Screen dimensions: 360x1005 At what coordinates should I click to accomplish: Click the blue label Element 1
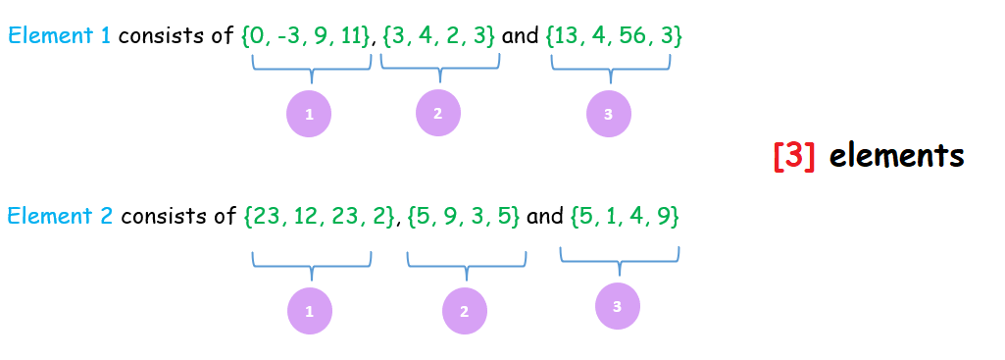pos(59,36)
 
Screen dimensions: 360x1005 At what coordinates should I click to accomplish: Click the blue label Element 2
pos(59,216)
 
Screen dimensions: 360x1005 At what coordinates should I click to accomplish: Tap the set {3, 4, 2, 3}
pos(439,36)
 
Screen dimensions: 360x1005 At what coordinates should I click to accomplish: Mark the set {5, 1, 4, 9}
pos(625,216)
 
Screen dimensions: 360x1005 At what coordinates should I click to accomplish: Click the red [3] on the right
pos(794,156)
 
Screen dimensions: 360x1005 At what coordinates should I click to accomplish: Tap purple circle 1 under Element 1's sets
pos(309,115)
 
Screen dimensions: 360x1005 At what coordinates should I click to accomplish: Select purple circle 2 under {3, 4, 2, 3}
pos(437,113)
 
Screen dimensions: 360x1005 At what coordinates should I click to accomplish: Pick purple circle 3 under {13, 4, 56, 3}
pos(609,115)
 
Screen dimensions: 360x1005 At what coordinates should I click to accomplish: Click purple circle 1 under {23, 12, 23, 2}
pos(309,312)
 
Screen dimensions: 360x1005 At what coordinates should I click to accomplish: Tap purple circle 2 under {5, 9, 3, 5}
pos(464,312)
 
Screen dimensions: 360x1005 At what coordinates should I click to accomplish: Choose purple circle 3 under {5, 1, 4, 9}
pos(617,307)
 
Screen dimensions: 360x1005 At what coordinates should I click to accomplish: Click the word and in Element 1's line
pos(521,36)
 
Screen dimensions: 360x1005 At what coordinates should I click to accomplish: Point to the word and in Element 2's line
pos(544,216)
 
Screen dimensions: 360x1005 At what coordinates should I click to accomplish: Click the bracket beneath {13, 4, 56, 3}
pos(611,67)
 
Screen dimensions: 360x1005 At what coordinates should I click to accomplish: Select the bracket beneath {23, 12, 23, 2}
pos(312,264)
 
